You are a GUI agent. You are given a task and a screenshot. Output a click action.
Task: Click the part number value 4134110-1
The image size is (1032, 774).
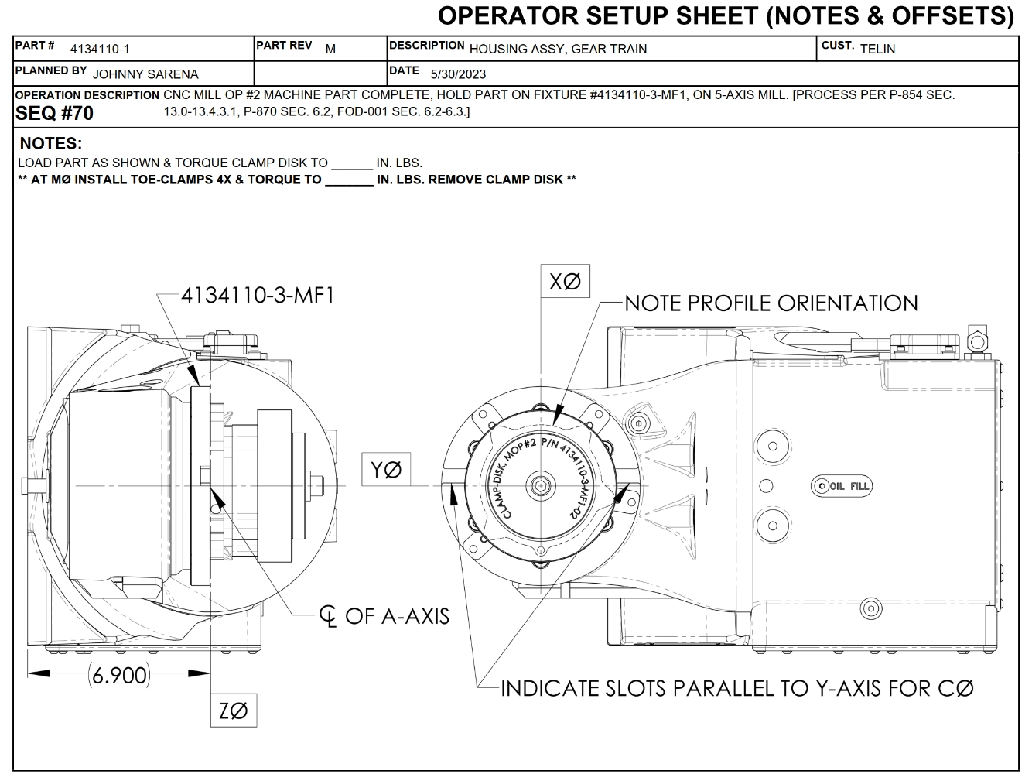click(100, 50)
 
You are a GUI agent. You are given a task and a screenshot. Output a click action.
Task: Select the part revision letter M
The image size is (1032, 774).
click(330, 49)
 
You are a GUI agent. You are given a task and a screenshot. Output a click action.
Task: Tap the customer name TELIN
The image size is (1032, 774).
click(877, 49)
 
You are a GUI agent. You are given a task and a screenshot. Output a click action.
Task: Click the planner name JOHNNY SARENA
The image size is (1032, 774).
click(145, 74)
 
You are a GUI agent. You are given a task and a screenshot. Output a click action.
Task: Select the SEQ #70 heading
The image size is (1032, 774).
click(54, 114)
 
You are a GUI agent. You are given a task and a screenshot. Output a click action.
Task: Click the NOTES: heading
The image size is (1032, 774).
click(51, 144)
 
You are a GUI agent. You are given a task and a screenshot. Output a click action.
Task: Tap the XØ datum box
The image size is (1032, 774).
click(565, 282)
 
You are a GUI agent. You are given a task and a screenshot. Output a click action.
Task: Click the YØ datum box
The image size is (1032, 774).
click(386, 470)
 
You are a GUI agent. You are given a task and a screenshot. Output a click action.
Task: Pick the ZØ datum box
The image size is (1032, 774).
click(234, 711)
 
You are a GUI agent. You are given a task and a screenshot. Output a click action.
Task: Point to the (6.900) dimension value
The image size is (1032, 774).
click(118, 675)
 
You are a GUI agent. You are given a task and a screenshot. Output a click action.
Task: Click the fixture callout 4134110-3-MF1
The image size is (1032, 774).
click(258, 295)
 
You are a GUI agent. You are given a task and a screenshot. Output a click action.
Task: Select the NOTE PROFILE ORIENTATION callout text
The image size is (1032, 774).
click(771, 303)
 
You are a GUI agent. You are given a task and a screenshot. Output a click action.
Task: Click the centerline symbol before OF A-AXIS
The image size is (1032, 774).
click(328, 617)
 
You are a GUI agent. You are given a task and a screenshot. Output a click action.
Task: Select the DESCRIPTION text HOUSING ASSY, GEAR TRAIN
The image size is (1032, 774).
click(558, 49)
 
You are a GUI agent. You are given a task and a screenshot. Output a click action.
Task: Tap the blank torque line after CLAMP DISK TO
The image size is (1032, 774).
click(351, 164)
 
